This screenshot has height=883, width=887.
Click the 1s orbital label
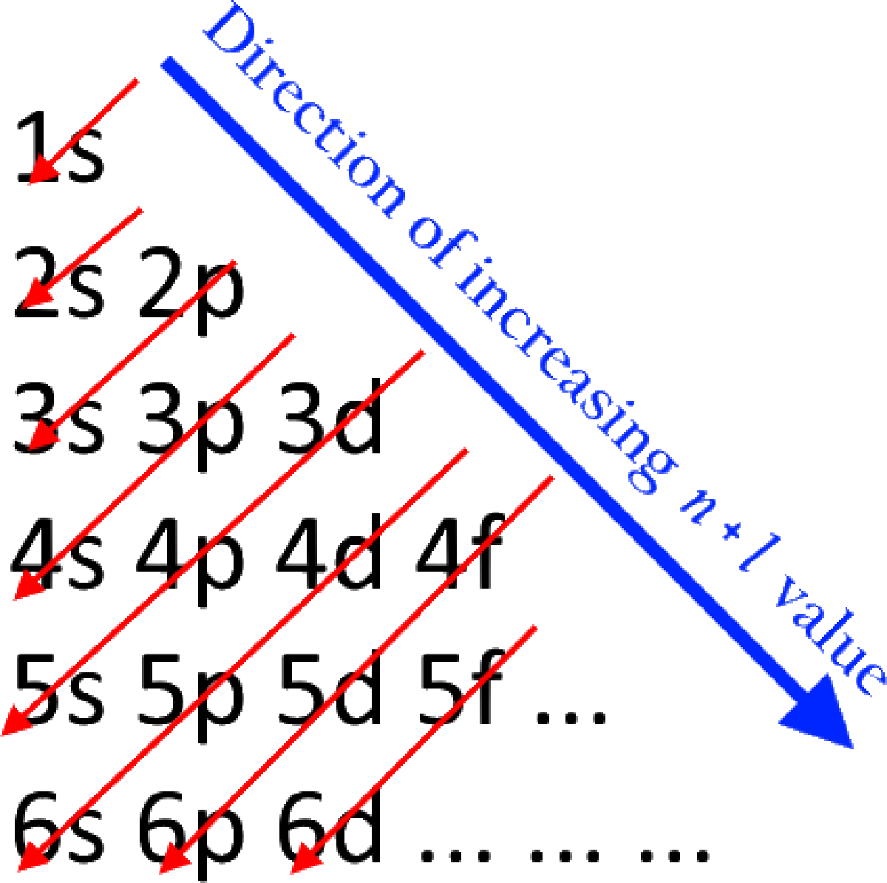coord(60,147)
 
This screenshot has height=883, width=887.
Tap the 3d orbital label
coord(330,417)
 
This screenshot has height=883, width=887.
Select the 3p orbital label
coord(191,426)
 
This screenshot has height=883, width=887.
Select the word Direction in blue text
coord(305,110)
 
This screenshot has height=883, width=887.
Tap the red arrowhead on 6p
coord(175,858)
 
